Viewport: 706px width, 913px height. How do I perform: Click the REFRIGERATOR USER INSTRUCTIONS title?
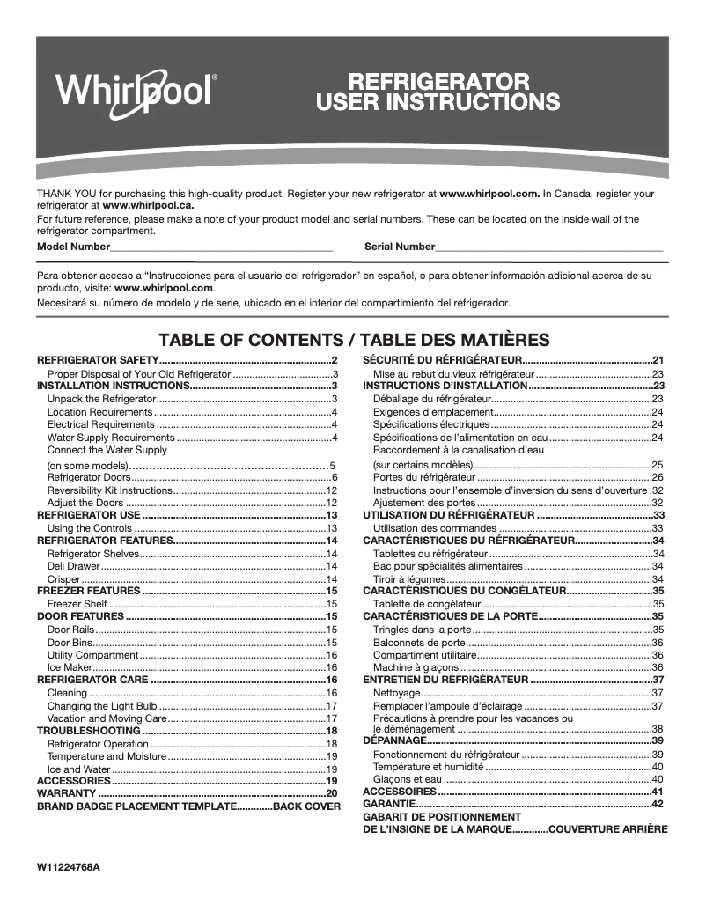tap(438, 92)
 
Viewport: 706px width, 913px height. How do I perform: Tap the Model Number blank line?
tap(221, 248)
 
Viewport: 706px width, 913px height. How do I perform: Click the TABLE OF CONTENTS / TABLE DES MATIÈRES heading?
tap(353, 340)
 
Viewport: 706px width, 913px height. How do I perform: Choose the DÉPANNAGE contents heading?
tap(393, 741)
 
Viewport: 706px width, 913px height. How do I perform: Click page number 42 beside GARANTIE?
tap(657, 804)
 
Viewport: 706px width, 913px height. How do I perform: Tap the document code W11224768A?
tap(69, 867)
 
